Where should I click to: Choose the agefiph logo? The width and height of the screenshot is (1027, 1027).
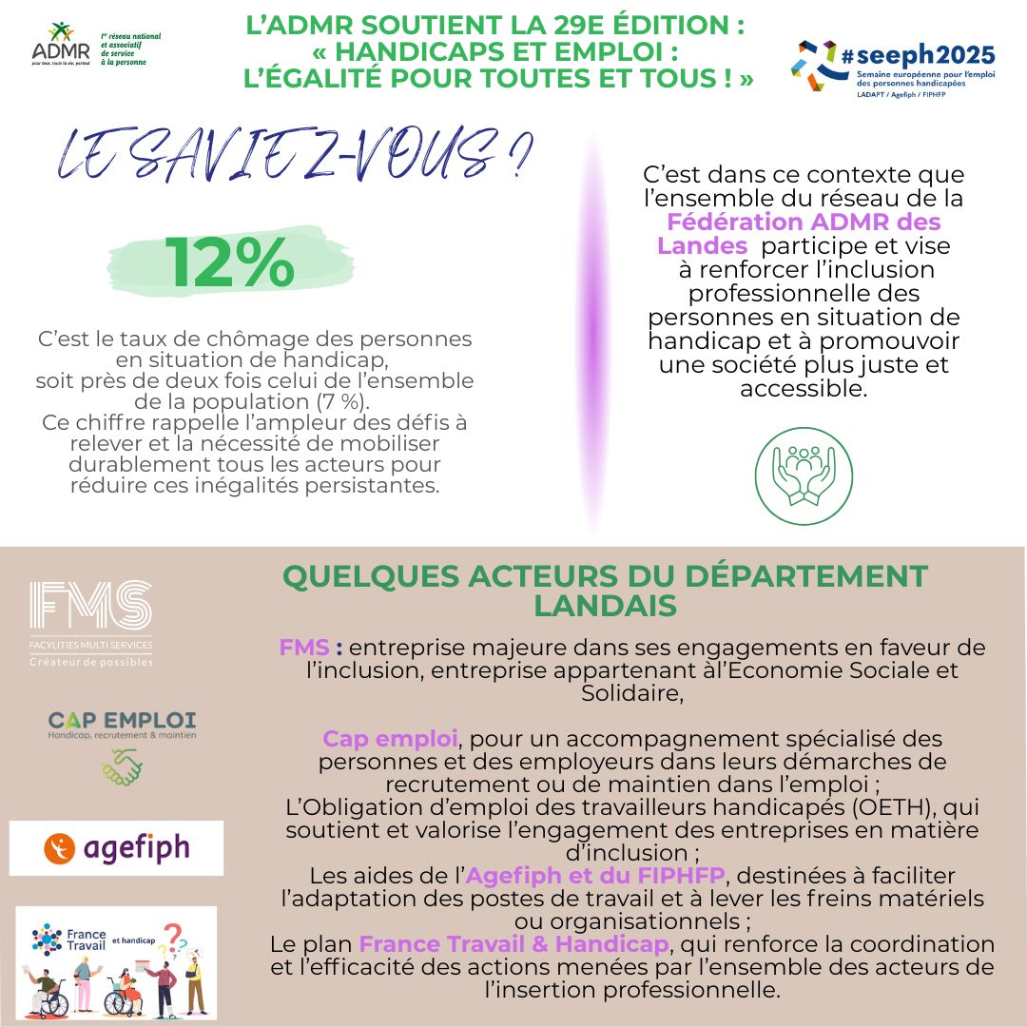pyautogui.click(x=116, y=847)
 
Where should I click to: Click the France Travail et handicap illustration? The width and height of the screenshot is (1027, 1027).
pyautogui.click(x=116, y=961)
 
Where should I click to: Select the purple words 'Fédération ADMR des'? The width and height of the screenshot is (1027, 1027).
pyautogui.click(x=804, y=223)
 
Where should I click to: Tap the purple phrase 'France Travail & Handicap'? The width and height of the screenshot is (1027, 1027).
pyautogui.click(x=514, y=944)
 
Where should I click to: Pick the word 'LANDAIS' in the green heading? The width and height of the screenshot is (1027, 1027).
pyautogui.click(x=605, y=606)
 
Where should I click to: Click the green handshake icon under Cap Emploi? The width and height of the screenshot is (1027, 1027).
pyautogui.click(x=122, y=766)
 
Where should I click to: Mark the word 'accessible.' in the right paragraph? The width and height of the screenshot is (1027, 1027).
pyautogui.click(x=804, y=389)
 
